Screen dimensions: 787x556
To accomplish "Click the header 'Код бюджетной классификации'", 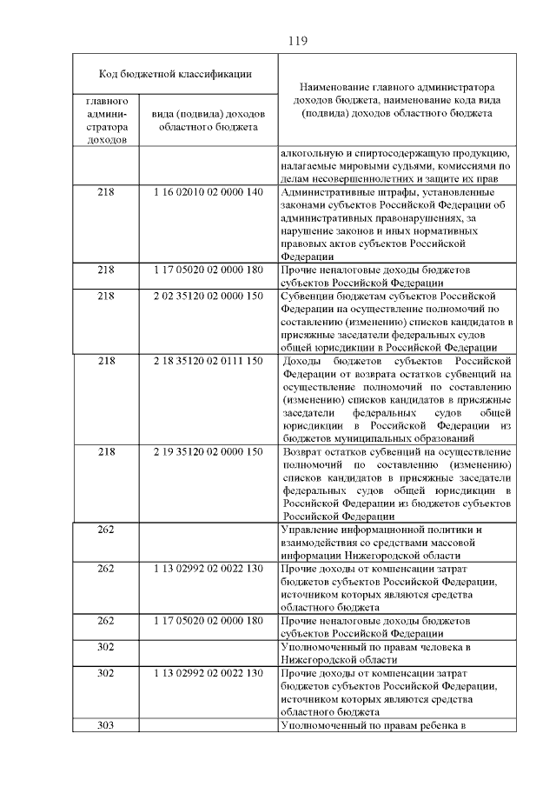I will coord(175,74).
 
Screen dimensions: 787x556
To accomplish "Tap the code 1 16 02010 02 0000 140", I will coord(208,192).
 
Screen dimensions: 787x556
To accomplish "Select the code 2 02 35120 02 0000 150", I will coord(208,296).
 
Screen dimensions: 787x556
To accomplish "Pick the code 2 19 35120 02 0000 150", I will coord(208,452).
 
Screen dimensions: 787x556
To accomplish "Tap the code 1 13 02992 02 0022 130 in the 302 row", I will coord(208,673).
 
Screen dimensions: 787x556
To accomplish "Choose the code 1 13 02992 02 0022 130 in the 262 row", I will coord(208,569).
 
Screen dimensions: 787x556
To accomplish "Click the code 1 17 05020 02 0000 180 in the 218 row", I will coord(208,270).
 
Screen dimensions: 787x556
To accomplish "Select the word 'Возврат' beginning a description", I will coord(305,452).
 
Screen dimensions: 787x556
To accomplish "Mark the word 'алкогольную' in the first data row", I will coord(310,153).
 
